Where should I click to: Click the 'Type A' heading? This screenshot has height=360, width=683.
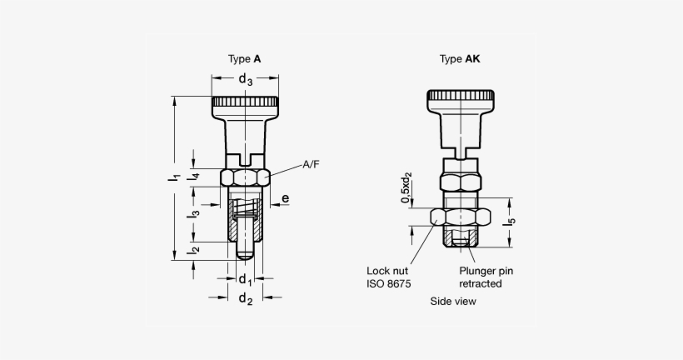coord(244,59)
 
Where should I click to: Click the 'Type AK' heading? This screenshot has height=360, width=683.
coord(460,59)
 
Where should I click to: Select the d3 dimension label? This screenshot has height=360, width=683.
coord(245,80)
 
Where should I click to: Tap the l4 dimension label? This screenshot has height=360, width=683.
coord(192,176)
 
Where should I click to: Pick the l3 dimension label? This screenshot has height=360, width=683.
coord(192,213)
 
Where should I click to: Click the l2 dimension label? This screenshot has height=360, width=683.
coord(192,248)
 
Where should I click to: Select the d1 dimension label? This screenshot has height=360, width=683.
coord(245,278)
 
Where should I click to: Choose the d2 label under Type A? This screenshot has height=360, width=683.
coord(245,299)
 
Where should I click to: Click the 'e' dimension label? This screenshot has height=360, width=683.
coord(285,198)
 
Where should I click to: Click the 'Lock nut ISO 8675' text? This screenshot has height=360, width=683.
coord(388,277)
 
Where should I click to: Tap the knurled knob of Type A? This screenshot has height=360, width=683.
coord(244,106)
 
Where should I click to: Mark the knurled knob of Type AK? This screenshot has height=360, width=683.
coord(459,101)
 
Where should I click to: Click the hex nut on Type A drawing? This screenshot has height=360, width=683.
coord(245,177)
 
